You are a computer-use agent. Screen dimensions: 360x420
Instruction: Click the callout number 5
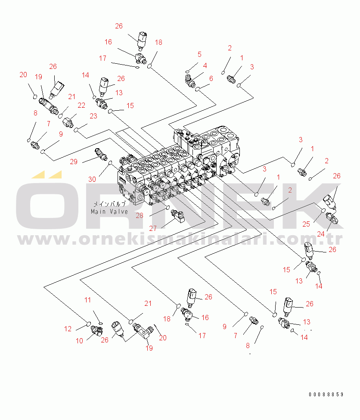coord(199,54)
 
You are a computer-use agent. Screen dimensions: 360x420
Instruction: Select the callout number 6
coord(211,78)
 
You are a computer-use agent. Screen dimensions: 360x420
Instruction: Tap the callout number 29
coord(74,162)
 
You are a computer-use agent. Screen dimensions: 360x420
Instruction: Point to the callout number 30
coord(92,179)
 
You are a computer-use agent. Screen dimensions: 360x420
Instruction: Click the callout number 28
coord(139,215)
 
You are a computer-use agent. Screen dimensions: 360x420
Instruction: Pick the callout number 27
coord(153,229)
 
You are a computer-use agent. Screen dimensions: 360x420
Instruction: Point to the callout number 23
coord(93,116)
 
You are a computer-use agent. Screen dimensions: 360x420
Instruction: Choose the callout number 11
coord(87,300)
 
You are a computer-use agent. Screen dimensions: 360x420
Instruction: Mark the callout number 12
coord(68,329)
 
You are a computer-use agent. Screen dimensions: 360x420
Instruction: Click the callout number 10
coord(79,341)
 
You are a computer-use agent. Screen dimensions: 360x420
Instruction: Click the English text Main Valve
coord(109,212)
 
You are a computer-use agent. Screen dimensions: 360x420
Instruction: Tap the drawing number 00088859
coord(326,395)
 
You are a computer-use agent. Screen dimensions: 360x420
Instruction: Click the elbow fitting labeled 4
coord(189,79)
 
